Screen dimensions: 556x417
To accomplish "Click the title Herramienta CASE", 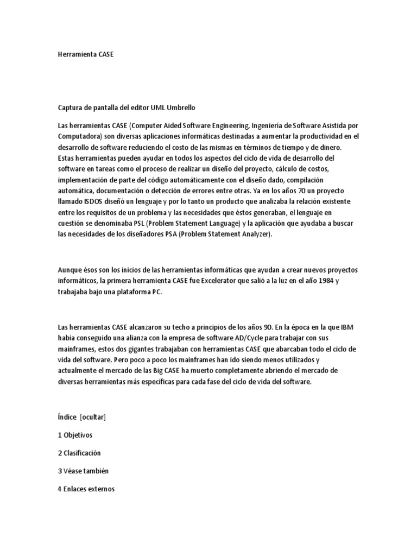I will point(86,55).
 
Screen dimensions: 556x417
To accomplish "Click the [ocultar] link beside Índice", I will point(92,417).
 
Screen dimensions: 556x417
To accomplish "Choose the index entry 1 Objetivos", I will point(75,435).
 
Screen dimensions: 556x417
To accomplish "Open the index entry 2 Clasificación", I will point(79,453).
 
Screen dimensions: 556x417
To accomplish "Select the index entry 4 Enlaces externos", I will point(86,489).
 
